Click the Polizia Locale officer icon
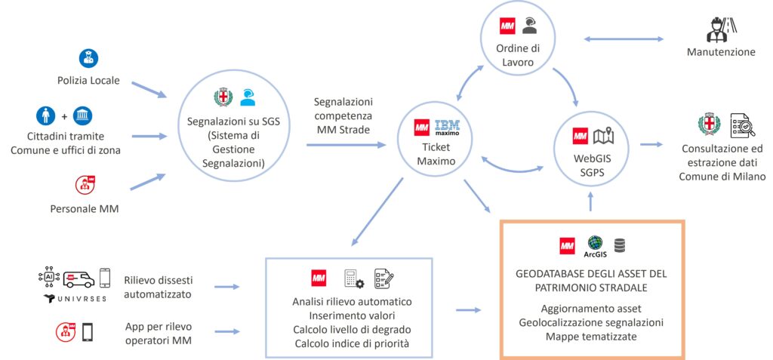(x=89, y=58)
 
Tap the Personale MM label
(x=89, y=208)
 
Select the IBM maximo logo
(x=448, y=130)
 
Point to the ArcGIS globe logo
(x=596, y=243)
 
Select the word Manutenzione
(x=721, y=53)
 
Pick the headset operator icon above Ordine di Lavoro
(x=530, y=25)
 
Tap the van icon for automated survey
(x=79, y=280)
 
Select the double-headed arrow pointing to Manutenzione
(x=623, y=38)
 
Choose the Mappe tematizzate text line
(x=592, y=336)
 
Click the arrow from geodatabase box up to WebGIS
(x=593, y=200)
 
